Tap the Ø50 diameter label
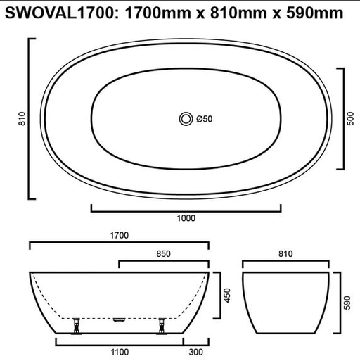click(205, 119)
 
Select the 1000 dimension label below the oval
click(186, 218)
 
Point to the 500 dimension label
click(350, 119)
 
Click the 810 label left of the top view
click(22, 119)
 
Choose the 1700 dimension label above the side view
click(120, 235)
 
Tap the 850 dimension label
click(163, 254)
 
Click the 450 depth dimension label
click(227, 296)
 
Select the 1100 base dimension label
click(120, 352)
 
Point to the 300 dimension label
click(195, 352)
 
